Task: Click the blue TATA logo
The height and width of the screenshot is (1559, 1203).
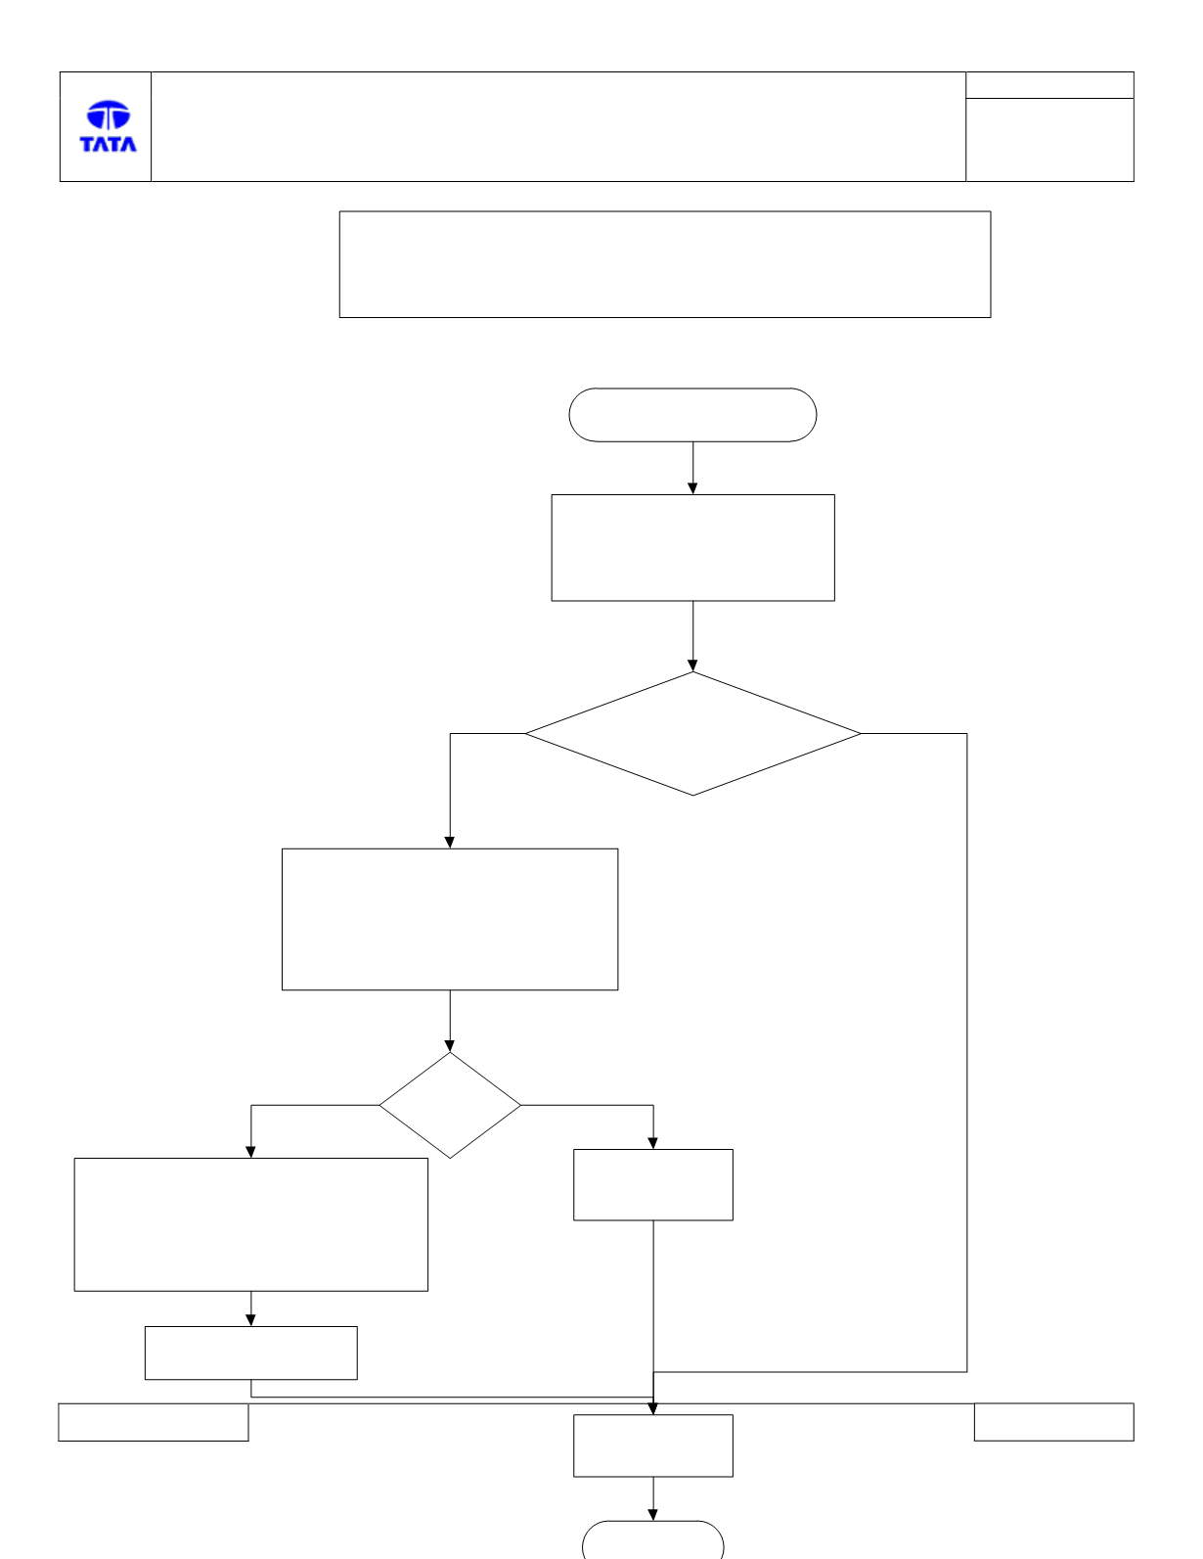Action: [108, 126]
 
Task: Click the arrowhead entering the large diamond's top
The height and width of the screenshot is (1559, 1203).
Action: [692, 665]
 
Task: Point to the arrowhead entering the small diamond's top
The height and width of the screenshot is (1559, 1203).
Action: [450, 1045]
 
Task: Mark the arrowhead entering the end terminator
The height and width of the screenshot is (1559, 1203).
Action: [652, 1514]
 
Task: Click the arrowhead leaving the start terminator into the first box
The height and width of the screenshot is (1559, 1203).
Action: [692, 487]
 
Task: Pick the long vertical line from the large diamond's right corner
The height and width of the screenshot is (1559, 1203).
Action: [967, 1052]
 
